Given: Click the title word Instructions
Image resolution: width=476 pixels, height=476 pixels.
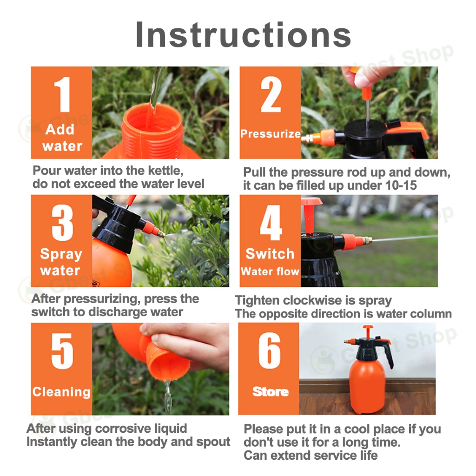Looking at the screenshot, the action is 243,34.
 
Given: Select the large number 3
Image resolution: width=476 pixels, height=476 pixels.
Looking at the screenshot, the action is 63,223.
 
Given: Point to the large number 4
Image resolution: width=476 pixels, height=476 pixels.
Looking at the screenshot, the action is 271,223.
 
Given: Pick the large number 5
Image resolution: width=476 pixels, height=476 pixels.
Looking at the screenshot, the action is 62,351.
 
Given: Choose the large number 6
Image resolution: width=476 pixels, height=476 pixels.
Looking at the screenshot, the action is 270,350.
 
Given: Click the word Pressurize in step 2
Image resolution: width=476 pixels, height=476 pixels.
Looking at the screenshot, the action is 270,134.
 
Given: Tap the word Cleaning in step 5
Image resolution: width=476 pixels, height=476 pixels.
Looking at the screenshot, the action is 62,392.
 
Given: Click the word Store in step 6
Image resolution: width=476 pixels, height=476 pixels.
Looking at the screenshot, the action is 271,391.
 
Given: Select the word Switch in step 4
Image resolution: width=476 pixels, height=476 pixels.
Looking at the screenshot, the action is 270,253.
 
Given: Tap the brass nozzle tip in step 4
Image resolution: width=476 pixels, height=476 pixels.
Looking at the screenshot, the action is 367,240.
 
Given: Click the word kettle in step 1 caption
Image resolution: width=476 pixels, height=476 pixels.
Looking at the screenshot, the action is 165,171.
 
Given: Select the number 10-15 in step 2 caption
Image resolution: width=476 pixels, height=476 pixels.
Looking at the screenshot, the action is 401,185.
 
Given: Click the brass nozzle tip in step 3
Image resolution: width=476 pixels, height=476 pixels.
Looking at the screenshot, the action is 161,234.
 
